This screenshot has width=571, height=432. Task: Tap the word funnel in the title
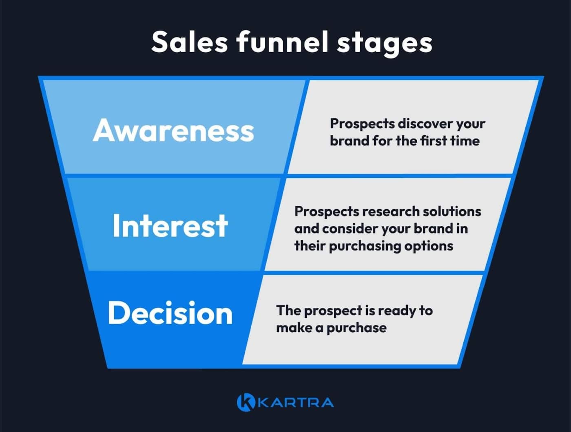pyautogui.click(x=282, y=42)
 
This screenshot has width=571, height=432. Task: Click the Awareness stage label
pyautogui.click(x=173, y=130)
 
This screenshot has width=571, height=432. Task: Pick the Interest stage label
pyautogui.click(x=170, y=226)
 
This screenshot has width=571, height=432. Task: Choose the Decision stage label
pyautogui.click(x=170, y=313)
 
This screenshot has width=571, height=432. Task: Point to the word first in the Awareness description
pyautogui.click(x=433, y=141)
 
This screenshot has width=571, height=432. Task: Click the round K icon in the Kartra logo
pyautogui.click(x=246, y=402)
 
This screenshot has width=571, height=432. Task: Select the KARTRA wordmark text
pyautogui.click(x=296, y=403)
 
